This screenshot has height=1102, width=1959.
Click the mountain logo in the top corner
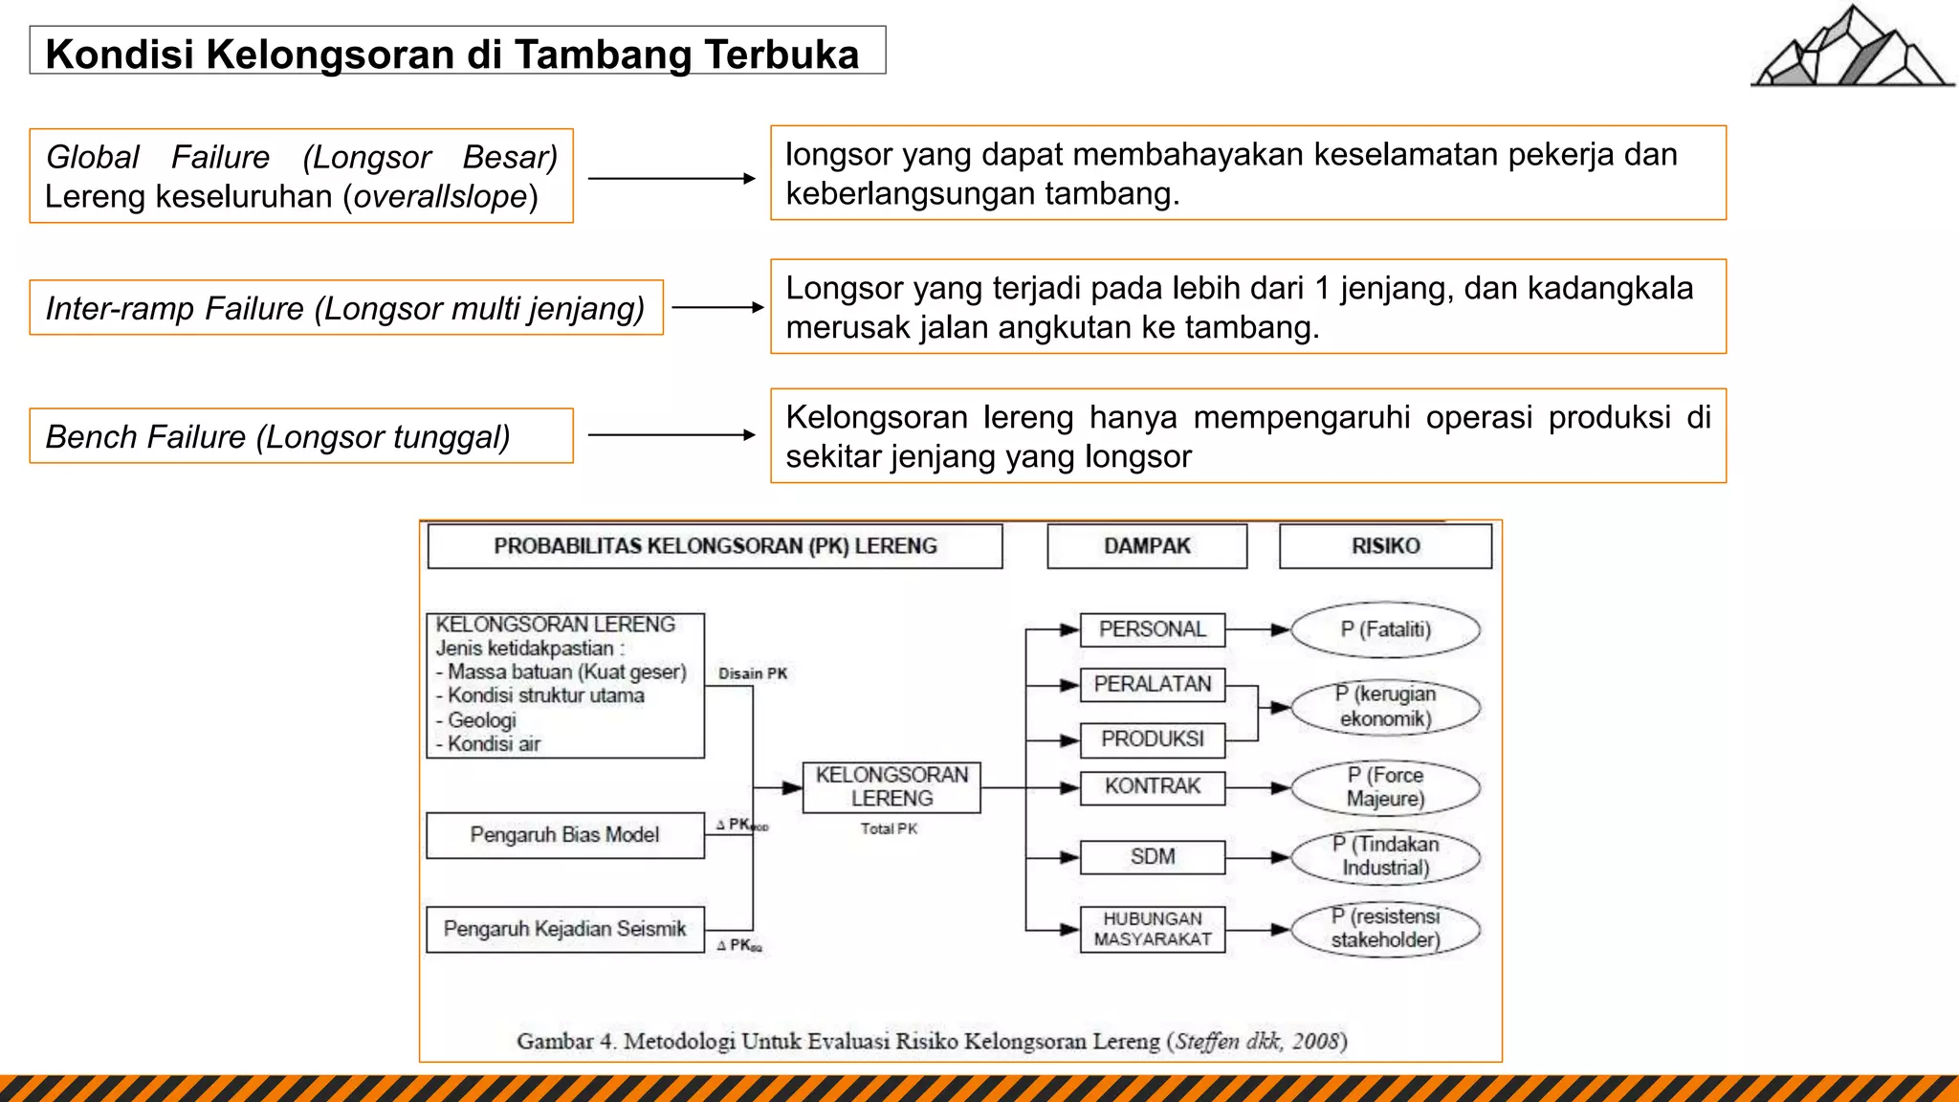[1852, 48]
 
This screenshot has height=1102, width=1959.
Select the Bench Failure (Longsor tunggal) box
[300, 436]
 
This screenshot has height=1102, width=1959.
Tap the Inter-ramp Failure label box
[345, 308]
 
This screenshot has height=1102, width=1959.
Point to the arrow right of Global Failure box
[671, 178]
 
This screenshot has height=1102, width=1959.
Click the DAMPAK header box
[1147, 546]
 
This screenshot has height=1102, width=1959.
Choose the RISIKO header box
[1385, 546]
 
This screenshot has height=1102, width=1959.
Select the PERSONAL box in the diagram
[1153, 629]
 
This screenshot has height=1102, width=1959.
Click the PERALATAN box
[1153, 684]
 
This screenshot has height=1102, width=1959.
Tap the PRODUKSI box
[1153, 738]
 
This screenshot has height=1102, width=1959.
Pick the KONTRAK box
[1153, 786]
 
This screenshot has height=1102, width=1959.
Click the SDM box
[1153, 856]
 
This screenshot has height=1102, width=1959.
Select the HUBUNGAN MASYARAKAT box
[1153, 929]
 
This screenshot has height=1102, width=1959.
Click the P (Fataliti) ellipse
[1385, 629]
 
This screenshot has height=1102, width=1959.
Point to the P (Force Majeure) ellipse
[1385, 787]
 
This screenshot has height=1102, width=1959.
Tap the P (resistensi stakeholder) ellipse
[1385, 928]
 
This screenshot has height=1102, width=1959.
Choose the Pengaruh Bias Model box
[565, 835]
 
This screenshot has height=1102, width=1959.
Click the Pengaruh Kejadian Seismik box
[565, 929]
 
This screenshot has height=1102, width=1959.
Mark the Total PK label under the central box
[889, 828]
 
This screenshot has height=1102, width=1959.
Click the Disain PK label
[753, 673]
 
